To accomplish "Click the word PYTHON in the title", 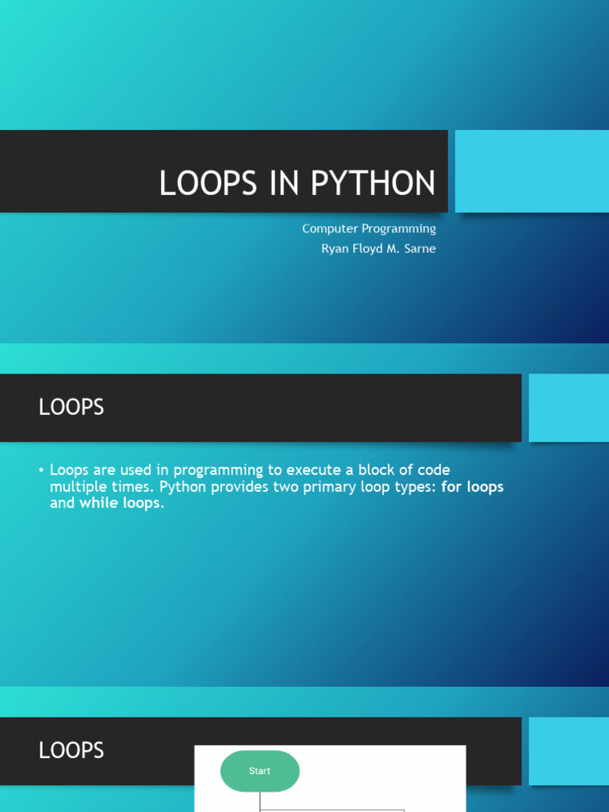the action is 373,183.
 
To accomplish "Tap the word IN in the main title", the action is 284,183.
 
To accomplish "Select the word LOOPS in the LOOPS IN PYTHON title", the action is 208,183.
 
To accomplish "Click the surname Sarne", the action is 420,248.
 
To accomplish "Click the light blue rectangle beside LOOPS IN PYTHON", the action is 532,171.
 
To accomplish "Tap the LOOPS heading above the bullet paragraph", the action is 71,407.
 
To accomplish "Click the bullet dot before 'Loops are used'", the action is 41,470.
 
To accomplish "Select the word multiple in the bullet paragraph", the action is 75,488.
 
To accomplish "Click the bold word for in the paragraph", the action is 451,487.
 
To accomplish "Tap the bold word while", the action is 98,503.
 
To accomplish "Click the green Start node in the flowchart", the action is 260,771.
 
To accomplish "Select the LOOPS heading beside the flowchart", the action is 71,750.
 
